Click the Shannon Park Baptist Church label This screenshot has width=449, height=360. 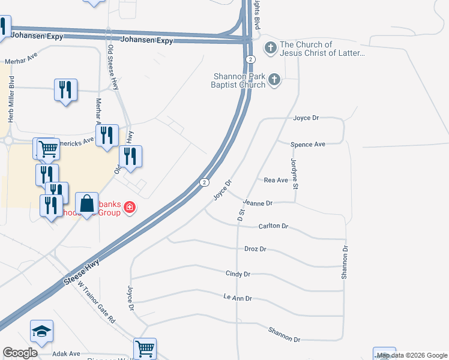[x=240, y=80]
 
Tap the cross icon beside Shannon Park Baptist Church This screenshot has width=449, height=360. [x=275, y=79]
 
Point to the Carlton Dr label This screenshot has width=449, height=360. [x=274, y=226]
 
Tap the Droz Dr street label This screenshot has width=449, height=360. [x=255, y=248]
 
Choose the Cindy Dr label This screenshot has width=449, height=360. [x=238, y=274]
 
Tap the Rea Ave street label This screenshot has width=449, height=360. [x=276, y=180]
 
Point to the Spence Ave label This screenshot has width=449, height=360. [x=307, y=145]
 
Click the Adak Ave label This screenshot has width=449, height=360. [x=66, y=354]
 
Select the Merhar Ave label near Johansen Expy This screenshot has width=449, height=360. [x=21, y=62]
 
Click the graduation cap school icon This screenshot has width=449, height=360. [x=42, y=331]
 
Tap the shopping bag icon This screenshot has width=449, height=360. [x=87, y=203]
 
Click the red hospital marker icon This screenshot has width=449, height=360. [x=129, y=208]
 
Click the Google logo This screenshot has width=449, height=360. [x=20, y=353]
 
